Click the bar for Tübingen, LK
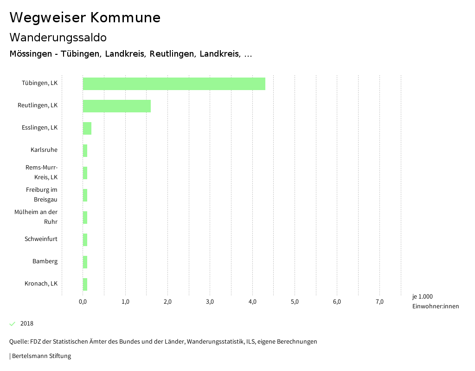pyautogui.click(x=174, y=84)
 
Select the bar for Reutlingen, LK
pyautogui.click(x=117, y=106)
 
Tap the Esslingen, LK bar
pyautogui.click(x=87, y=128)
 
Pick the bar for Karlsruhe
pyautogui.click(x=85, y=150)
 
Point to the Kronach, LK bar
pyautogui.click(x=85, y=284)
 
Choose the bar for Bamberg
pyautogui.click(x=85, y=262)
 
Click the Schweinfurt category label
pyautogui.click(x=41, y=239)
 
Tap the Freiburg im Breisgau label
pyautogui.click(x=41, y=195)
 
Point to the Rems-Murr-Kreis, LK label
pyautogui.click(x=41, y=172)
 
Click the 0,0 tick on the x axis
pyautogui.click(x=83, y=302)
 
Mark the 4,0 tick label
pyautogui.click(x=252, y=302)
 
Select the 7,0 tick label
pyautogui.click(x=379, y=302)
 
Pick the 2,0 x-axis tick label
pyautogui.click(x=167, y=302)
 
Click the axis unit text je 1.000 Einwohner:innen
pyautogui.click(x=435, y=301)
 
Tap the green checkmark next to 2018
pyautogui.click(x=13, y=324)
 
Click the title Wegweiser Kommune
pyautogui.click(x=85, y=18)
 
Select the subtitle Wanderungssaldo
pyautogui.click(x=58, y=37)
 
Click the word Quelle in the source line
pyautogui.click(x=18, y=342)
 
